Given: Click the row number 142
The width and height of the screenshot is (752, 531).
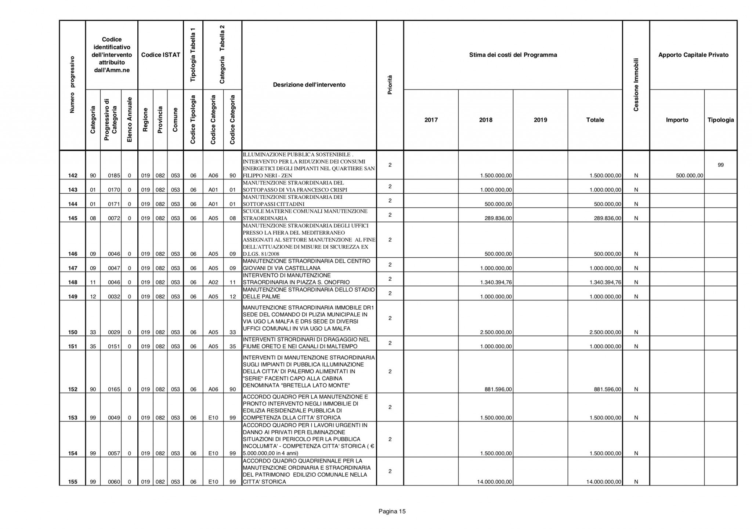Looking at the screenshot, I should pyautogui.click(x=73, y=176).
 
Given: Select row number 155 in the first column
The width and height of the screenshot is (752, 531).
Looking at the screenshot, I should pyautogui.click(x=73, y=482).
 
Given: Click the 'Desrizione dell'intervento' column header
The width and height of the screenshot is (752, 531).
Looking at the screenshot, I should pyautogui.click(x=309, y=85).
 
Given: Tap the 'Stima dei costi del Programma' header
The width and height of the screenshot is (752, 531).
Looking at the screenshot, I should pyautogui.click(x=513, y=55).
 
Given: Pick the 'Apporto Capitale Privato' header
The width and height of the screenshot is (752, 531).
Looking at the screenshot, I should pyautogui.click(x=693, y=55).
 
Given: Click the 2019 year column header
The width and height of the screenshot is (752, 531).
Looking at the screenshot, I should pyautogui.click(x=540, y=120).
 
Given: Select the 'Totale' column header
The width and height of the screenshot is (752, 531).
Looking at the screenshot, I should pyautogui.click(x=595, y=120).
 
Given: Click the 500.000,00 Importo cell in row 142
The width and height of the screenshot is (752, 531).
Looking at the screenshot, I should pyautogui.click(x=690, y=176).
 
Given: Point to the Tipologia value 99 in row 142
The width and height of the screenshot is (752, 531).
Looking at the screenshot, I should pyautogui.click(x=720, y=165).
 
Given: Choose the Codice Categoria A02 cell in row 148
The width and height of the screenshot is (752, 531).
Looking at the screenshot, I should pyautogui.click(x=213, y=282).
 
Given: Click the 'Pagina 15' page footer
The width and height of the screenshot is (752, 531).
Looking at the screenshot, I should pyautogui.click(x=392, y=511).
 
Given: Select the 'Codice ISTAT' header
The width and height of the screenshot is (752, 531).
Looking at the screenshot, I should pyautogui.click(x=160, y=55).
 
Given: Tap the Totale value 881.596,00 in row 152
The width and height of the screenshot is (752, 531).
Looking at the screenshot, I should pyautogui.click(x=608, y=389).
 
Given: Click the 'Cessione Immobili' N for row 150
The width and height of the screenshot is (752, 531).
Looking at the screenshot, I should pyautogui.click(x=636, y=332).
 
